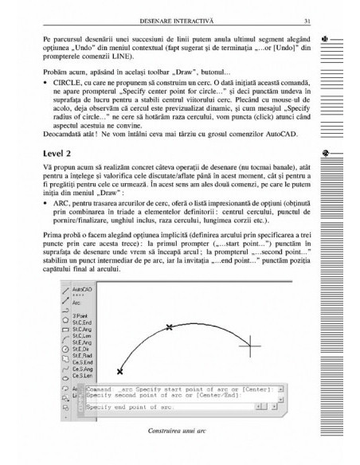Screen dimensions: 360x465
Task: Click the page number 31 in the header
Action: (294, 21)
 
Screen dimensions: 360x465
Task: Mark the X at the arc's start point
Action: (119, 371)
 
